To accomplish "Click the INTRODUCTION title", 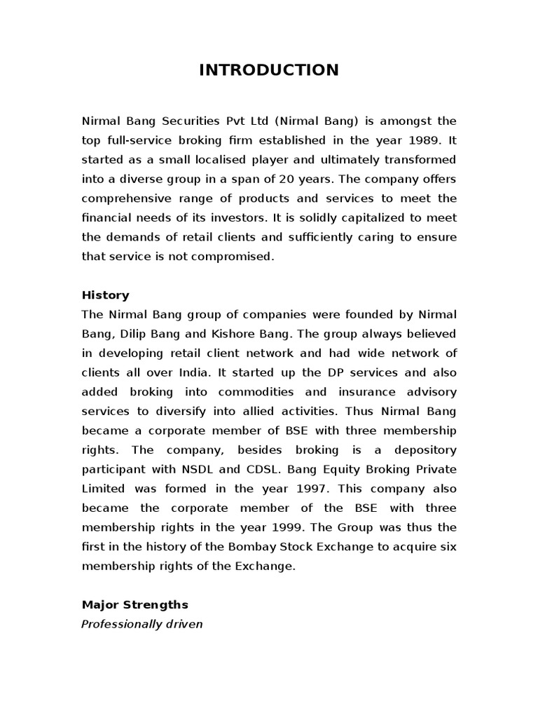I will coord(269,69).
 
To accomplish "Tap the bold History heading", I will coord(105,295).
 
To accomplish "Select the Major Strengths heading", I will coord(134,585).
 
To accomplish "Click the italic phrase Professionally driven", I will coord(142,604).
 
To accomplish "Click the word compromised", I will coord(227,256).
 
